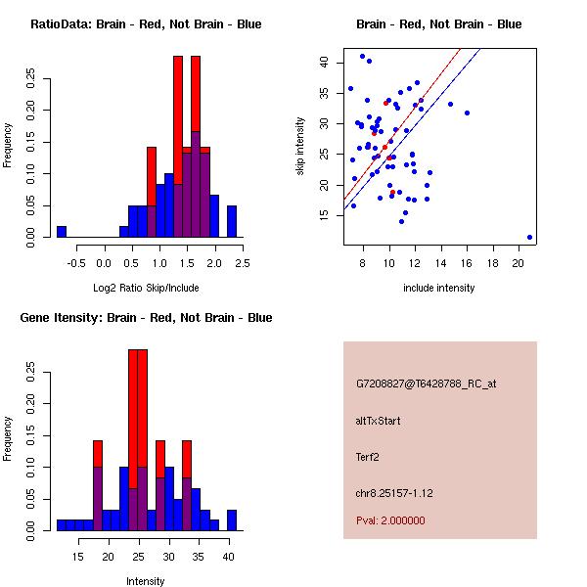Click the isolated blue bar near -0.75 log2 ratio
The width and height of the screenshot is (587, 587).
point(62,232)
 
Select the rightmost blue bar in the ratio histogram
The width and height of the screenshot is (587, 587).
point(232,221)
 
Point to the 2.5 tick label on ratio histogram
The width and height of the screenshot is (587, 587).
point(241,262)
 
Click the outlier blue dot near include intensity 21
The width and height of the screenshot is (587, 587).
point(529,237)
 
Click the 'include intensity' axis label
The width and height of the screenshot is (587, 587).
point(439,288)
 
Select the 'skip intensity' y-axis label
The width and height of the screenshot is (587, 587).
point(301,147)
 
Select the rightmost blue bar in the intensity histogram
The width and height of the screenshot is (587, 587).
point(232,519)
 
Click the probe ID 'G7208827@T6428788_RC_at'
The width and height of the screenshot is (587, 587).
point(427,384)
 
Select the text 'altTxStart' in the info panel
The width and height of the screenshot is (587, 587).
point(379,421)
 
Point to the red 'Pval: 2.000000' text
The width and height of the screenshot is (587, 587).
point(390,520)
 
